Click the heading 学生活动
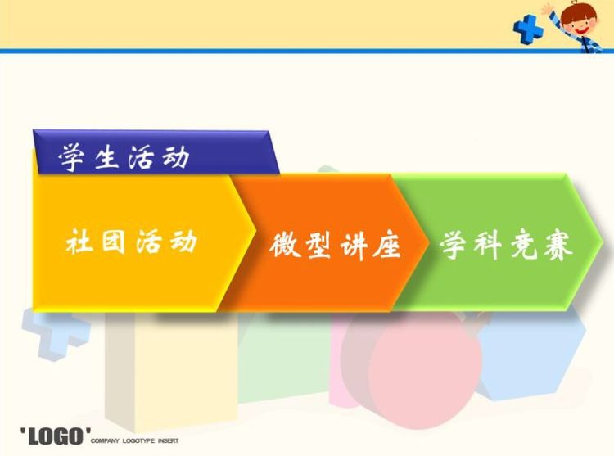[124, 157]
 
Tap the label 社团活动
[132, 242]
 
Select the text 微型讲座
[335, 246]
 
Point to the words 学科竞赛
[506, 246]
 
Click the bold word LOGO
[55, 436]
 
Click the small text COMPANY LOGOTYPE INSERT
[134, 440]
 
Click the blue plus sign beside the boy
[528, 29]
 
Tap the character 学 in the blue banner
[72, 157]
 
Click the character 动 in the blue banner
[176, 157]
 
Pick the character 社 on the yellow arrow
[79, 242]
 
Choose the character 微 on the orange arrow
[285, 246]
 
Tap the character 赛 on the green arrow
[558, 246]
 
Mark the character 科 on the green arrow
[488, 246]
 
